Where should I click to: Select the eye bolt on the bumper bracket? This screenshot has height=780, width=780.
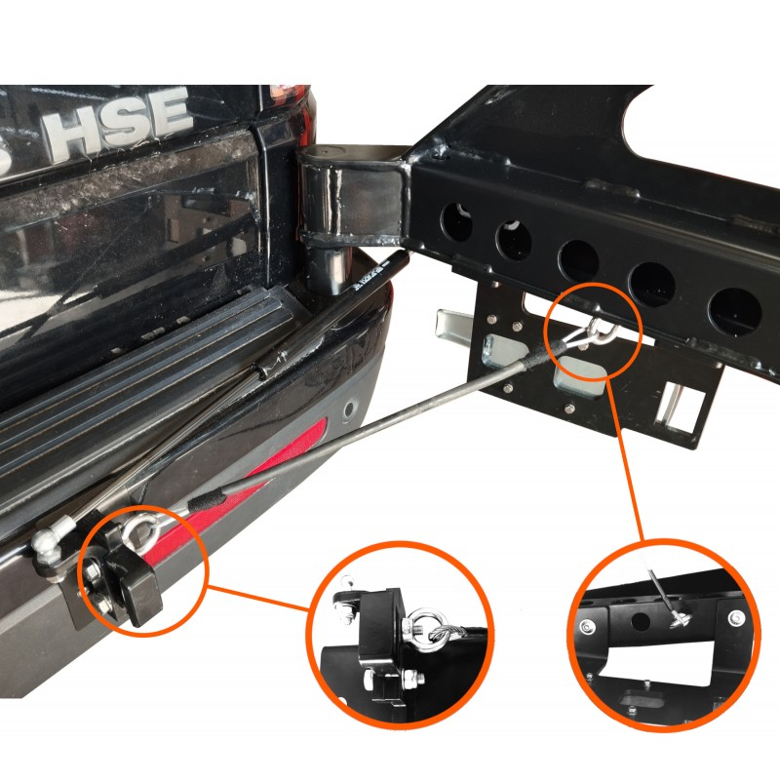[x=140, y=528]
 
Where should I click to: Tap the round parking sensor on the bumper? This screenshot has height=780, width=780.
[x=350, y=409]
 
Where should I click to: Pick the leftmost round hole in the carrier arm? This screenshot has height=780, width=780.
[x=456, y=222]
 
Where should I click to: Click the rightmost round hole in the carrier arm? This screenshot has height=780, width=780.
[x=735, y=311]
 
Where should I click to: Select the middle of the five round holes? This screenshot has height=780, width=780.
[x=578, y=261]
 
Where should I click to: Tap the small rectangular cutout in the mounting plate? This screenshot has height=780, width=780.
[x=682, y=407]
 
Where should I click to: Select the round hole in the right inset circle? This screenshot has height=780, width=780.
[x=640, y=622]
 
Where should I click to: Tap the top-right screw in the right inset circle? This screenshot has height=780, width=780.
[x=736, y=618]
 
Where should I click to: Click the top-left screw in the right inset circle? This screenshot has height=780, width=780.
[x=588, y=626]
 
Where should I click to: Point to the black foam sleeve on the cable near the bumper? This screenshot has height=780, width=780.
[x=208, y=500]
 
